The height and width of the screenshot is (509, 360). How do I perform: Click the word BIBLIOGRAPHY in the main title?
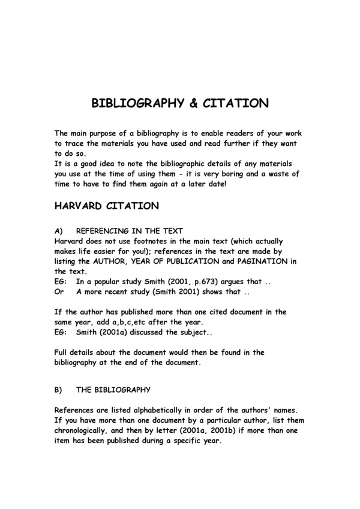(x=135, y=103)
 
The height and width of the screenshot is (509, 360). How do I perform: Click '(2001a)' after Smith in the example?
(x=117, y=332)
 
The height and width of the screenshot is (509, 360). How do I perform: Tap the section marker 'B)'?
(x=59, y=390)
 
